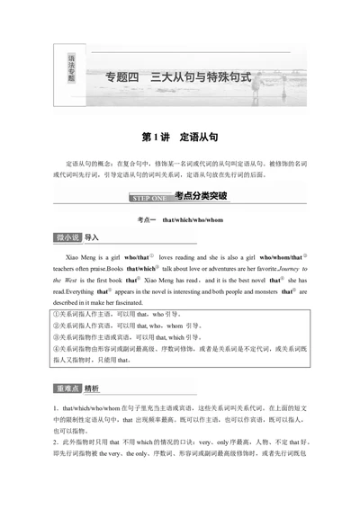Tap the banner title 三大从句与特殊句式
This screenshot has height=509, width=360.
click(206, 76)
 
